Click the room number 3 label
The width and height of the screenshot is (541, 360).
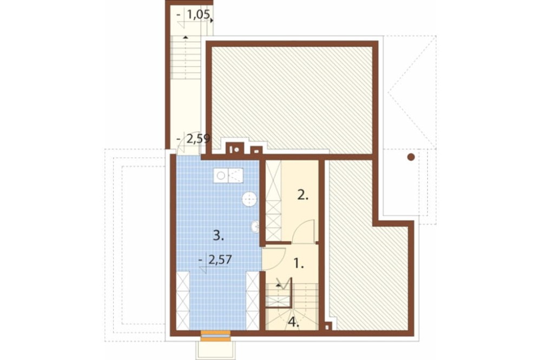(217, 235)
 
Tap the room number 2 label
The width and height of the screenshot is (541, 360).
(302, 196)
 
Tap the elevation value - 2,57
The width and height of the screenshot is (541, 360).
(216, 259)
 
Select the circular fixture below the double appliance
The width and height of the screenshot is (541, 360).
(248, 199)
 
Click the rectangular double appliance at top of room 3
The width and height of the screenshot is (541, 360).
(229, 175)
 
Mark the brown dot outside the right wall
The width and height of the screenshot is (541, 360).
(411, 157)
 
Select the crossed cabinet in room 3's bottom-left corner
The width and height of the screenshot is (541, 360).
(183, 301)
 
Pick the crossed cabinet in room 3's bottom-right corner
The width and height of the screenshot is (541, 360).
(253, 301)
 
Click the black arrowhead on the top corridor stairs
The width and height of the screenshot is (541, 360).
(186, 37)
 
